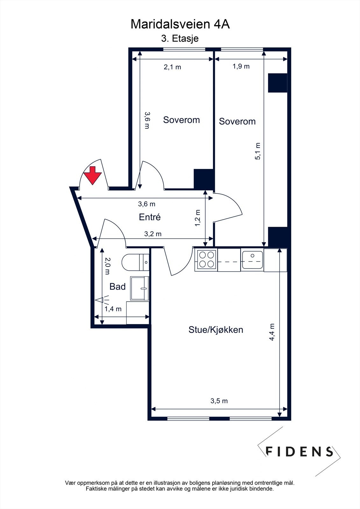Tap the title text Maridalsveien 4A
click(x=180, y=24)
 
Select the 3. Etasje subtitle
click(x=180, y=38)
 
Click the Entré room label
click(x=150, y=217)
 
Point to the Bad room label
click(x=117, y=287)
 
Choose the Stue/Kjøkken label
click(x=216, y=330)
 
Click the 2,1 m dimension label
click(x=172, y=67)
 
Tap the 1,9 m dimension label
click(x=241, y=66)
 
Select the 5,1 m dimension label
click(x=258, y=151)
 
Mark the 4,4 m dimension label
click(x=272, y=332)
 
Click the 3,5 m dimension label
click(x=219, y=401)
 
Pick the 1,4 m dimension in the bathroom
click(x=113, y=309)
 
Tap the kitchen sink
click(x=252, y=260)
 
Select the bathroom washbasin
click(x=139, y=288)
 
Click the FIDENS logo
click(x=299, y=451)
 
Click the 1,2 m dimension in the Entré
click(x=198, y=218)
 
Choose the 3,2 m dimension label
click(x=153, y=234)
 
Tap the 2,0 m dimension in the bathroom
click(x=107, y=266)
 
